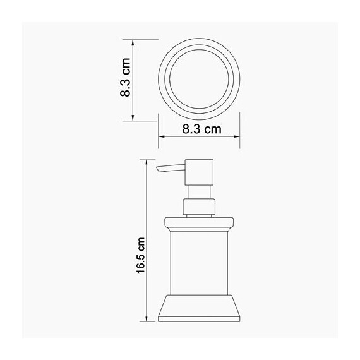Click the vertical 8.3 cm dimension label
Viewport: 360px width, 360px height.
[x=126, y=80]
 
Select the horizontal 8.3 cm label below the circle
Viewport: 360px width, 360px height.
[x=201, y=129]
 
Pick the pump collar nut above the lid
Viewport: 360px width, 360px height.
[x=199, y=207]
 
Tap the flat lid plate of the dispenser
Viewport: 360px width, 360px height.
[x=199, y=222]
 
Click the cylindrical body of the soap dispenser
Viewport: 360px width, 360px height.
[x=199, y=259]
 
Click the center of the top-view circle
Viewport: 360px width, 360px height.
[x=200, y=80]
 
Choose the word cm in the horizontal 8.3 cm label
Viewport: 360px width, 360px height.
[x=212, y=129]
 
